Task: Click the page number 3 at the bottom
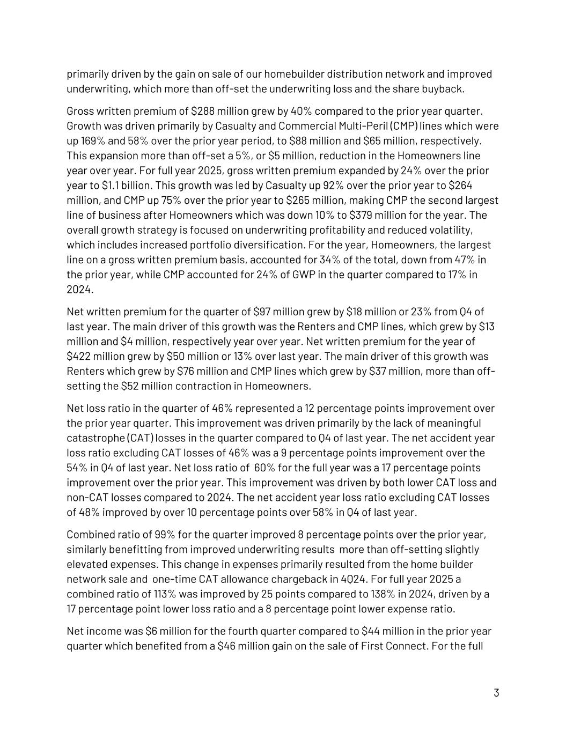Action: pos(496,692)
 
